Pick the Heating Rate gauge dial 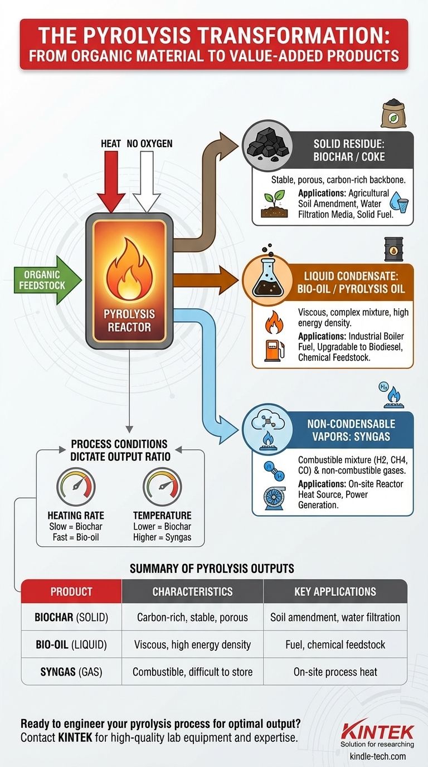(76, 487)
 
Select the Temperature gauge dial (162, 487)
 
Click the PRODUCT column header (71, 591)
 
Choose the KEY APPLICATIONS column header (335, 591)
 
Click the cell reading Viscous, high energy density (192, 644)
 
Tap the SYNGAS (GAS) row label (71, 672)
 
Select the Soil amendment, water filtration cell (335, 617)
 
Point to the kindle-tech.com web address (377, 756)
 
